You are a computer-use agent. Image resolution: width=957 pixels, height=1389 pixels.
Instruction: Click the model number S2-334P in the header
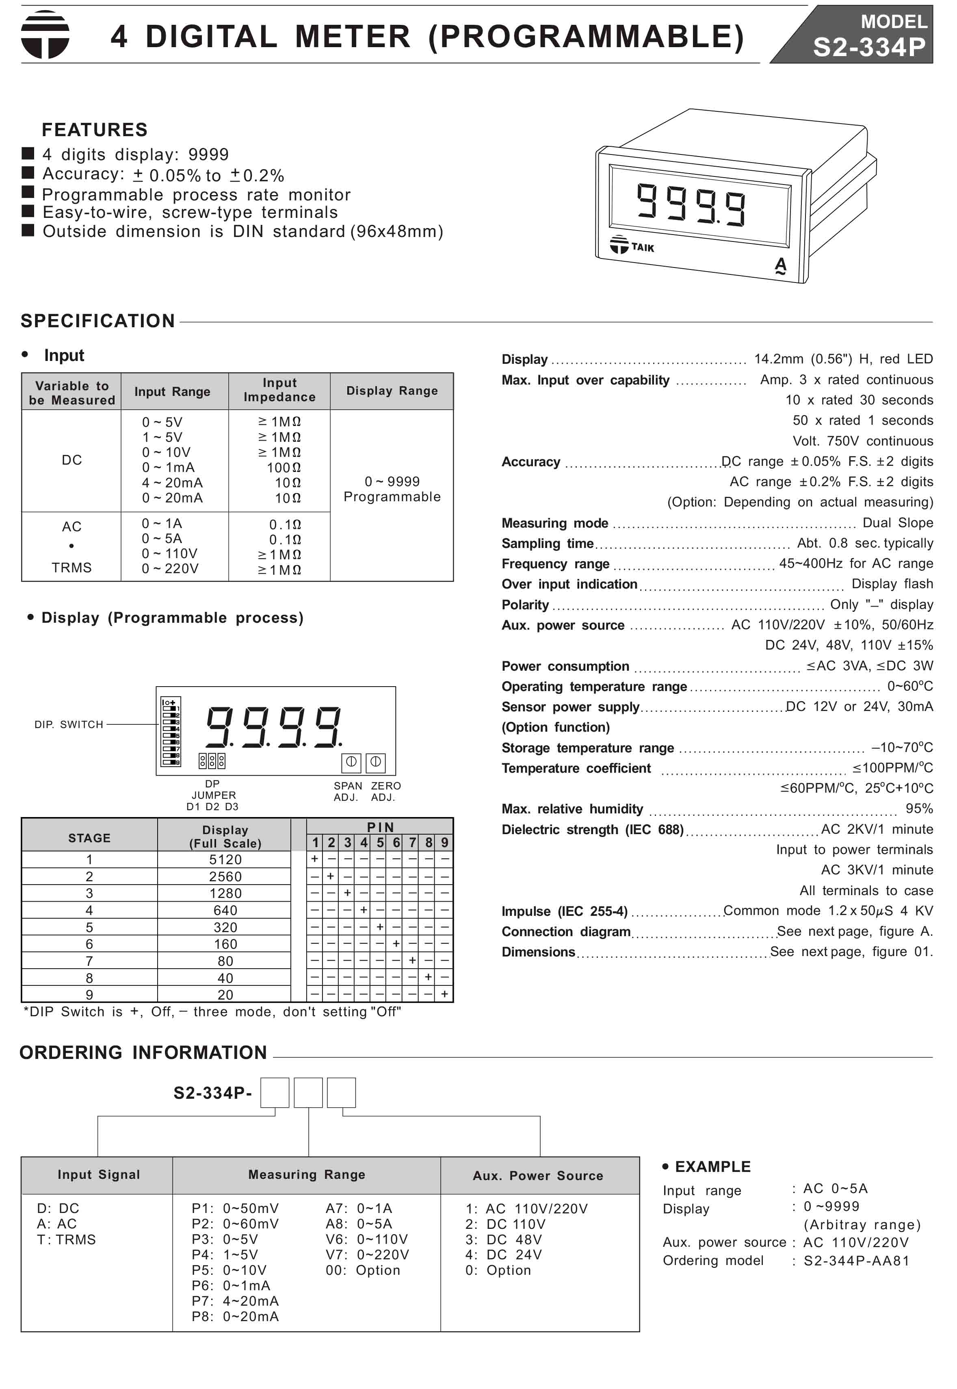point(869,47)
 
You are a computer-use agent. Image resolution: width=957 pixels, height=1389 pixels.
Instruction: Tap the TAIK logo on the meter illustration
point(632,246)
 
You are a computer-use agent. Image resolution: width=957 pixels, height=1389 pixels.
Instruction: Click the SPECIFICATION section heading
point(98,321)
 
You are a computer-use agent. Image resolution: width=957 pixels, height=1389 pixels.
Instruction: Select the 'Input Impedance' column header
point(279,390)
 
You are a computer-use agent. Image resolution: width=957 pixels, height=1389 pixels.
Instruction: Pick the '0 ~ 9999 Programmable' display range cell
point(392,489)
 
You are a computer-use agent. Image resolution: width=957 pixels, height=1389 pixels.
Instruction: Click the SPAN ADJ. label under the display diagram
point(348,791)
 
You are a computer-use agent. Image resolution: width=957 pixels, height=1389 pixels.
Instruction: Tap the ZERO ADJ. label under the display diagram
point(385,791)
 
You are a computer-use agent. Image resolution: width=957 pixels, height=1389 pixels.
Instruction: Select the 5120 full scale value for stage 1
point(225,860)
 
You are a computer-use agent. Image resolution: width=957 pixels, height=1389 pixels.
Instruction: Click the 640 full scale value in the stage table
point(225,910)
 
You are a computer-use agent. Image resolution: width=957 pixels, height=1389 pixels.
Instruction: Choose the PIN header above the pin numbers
point(380,827)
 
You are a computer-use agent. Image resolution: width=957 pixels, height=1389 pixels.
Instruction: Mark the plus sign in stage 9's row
point(444,994)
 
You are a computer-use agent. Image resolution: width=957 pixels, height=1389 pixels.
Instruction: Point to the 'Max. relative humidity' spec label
point(572,809)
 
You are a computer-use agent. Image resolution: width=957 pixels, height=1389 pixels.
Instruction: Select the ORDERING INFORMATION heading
point(143,1052)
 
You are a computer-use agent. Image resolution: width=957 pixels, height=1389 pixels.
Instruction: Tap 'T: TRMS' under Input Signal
point(67,1239)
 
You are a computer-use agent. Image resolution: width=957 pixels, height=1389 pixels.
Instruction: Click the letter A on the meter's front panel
point(780,265)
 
